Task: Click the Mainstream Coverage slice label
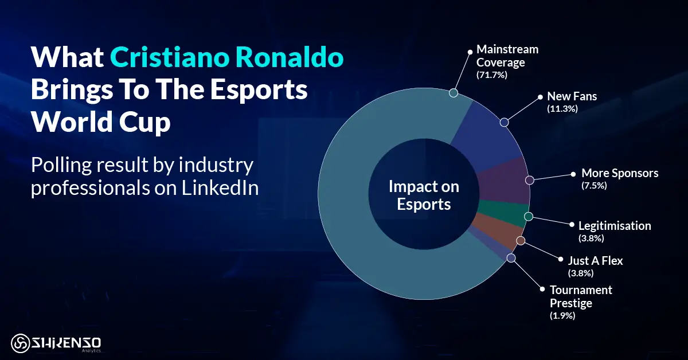pyautogui.click(x=507, y=56)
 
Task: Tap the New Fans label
pyautogui.click(x=572, y=96)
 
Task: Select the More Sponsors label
pyautogui.click(x=620, y=173)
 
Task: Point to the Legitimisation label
pyautogui.click(x=615, y=226)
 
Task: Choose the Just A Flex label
pyautogui.click(x=595, y=261)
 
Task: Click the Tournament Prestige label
pyautogui.click(x=581, y=296)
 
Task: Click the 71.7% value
pyautogui.click(x=492, y=75)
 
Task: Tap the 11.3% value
pyautogui.click(x=562, y=108)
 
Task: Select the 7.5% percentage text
pyautogui.click(x=594, y=186)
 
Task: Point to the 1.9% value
pyautogui.click(x=562, y=315)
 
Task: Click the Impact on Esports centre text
pyautogui.click(x=424, y=195)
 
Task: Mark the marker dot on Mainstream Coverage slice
pyautogui.click(x=453, y=93)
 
